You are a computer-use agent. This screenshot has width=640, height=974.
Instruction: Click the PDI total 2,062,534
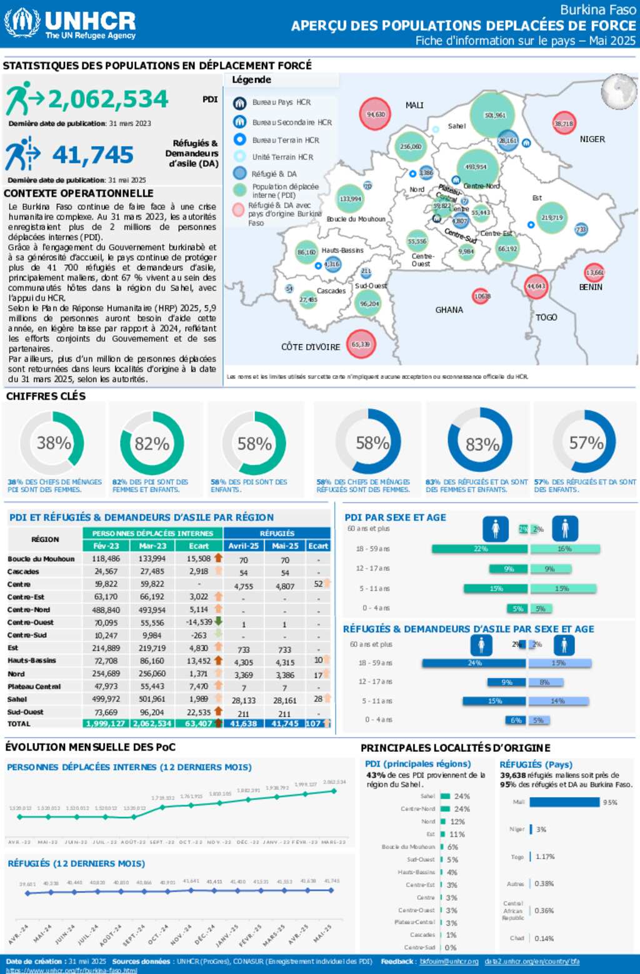[x=108, y=99]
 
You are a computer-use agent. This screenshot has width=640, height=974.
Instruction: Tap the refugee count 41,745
[x=92, y=155]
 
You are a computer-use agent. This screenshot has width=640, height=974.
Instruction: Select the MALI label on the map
[x=414, y=105]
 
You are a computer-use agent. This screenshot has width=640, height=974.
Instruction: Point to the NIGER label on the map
[x=592, y=139]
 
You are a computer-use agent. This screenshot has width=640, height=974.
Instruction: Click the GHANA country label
[x=449, y=310]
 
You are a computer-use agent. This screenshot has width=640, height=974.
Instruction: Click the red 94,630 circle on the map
[x=375, y=114]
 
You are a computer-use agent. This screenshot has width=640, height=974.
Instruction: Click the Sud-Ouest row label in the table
[x=26, y=712]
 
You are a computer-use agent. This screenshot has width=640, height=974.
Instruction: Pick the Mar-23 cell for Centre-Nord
[x=152, y=610]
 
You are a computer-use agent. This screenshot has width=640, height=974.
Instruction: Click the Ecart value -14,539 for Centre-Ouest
[x=199, y=622]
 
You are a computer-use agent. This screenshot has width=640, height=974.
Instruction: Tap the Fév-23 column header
[x=106, y=546]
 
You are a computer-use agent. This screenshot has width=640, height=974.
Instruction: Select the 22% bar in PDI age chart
[x=480, y=549]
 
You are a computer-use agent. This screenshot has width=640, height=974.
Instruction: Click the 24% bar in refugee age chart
[x=474, y=663]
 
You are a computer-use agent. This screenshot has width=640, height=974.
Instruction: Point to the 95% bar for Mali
[x=564, y=802]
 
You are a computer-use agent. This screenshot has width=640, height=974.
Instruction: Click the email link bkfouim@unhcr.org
[x=449, y=962]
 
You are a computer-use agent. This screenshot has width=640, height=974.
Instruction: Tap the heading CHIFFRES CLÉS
[x=46, y=396]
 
